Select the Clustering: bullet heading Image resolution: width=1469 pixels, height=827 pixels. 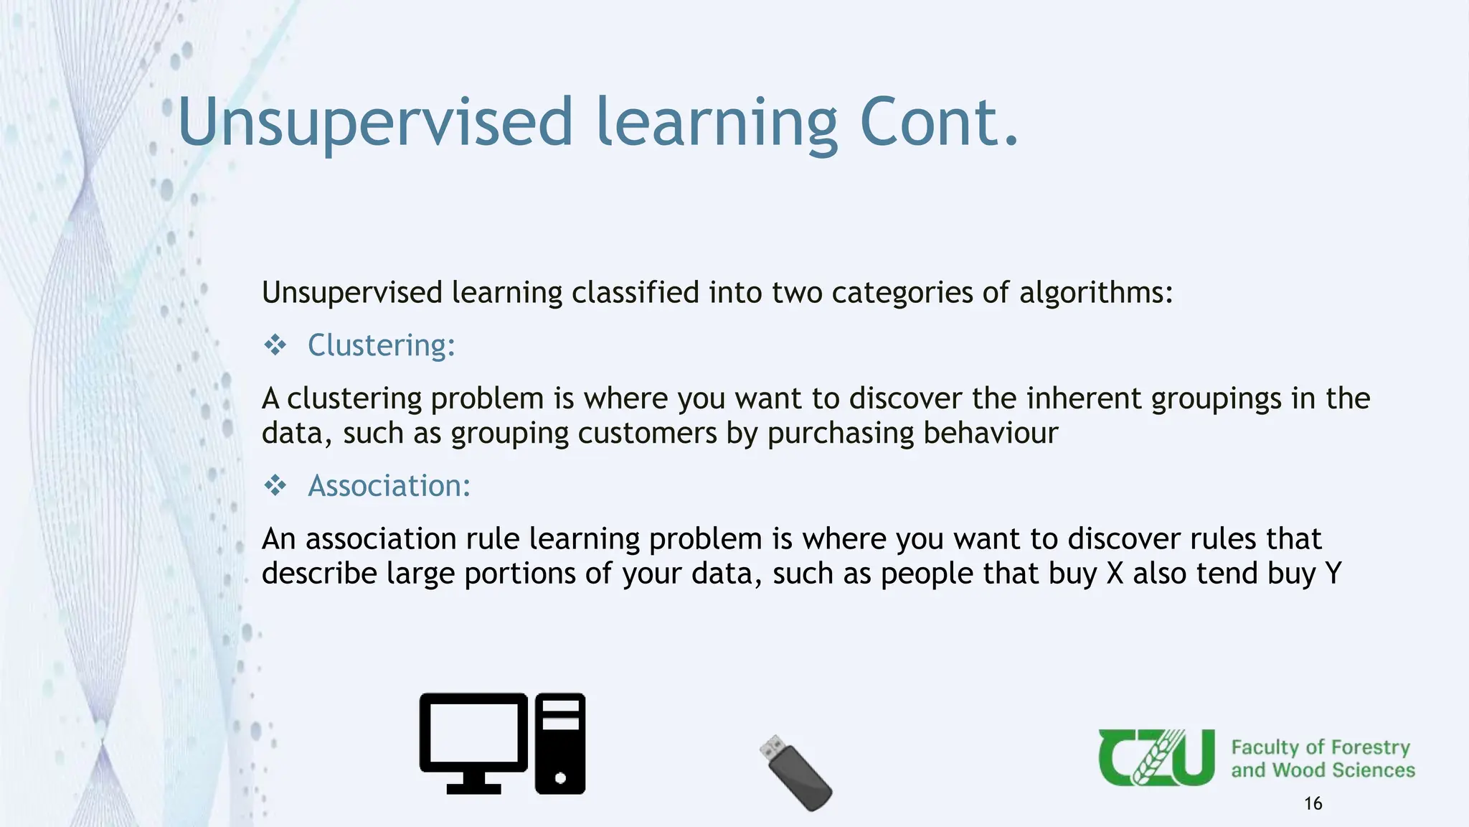[x=381, y=345]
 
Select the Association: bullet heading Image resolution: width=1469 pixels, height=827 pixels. [x=389, y=486]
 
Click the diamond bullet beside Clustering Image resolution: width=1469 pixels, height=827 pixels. [x=275, y=345]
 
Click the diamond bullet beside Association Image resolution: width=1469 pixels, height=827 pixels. [x=275, y=486]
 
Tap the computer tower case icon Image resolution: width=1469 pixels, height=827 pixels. [x=560, y=743]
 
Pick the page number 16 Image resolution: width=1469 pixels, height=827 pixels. [x=1313, y=803]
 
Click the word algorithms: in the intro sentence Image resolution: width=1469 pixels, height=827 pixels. [x=1096, y=293]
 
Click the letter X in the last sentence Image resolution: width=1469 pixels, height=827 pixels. [x=1115, y=574]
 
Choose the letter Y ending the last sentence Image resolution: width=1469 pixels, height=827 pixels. [x=1333, y=574]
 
